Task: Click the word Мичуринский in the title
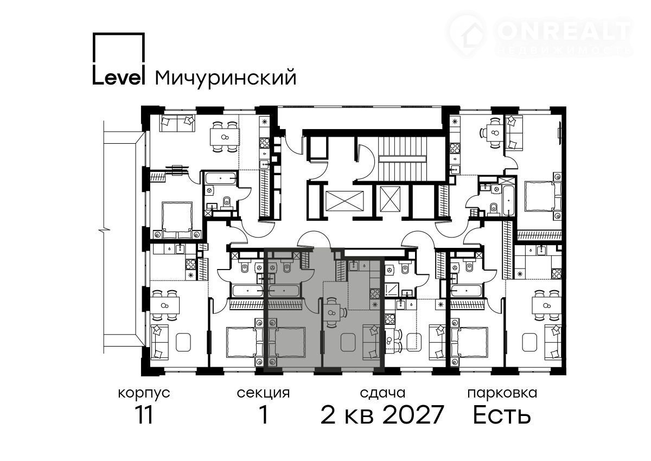click(226, 78)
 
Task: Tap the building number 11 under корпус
click(144, 414)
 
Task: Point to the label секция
click(263, 393)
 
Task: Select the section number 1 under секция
click(264, 414)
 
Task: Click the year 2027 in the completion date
click(413, 414)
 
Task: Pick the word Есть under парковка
click(502, 414)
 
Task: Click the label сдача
click(382, 393)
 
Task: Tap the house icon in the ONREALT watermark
click(467, 34)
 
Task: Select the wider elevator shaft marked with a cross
click(344, 201)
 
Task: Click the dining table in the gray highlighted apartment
click(331, 312)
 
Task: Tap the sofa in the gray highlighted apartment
click(372, 342)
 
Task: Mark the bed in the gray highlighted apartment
click(287, 342)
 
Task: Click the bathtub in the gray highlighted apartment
click(283, 291)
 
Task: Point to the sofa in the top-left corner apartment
click(177, 124)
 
